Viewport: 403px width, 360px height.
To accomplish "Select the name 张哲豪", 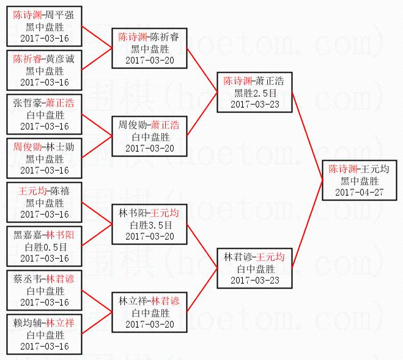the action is (x=27, y=103).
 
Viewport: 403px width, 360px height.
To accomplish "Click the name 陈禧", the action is (x=59, y=191).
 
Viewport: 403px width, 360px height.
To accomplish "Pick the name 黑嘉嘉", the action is (x=27, y=235).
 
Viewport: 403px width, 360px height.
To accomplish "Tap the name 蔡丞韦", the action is (x=27, y=279).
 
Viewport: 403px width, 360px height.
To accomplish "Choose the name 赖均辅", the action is (x=27, y=323).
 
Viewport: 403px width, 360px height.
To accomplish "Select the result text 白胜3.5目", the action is (x=149, y=225).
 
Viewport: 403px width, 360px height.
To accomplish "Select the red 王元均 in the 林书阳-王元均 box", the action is (x=165, y=213).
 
